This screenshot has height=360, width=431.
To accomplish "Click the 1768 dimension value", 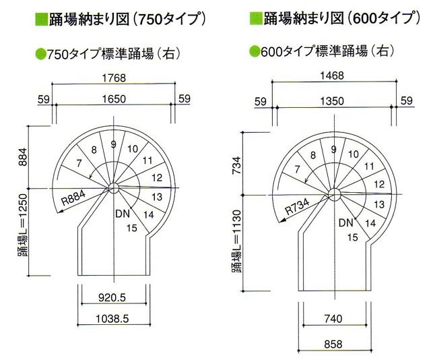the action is pos(114,78).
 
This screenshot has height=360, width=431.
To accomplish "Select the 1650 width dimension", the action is pos(114,99).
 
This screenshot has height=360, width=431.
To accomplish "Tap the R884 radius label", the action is pos(73,198).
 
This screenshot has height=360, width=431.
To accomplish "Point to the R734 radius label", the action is pos(298,206).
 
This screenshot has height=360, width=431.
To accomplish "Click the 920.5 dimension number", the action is pos(112,297).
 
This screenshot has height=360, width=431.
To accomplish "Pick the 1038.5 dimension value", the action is pos(112,319).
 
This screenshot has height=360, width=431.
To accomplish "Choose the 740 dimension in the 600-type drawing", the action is pos(333,319).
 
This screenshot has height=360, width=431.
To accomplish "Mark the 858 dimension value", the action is pos(333,344).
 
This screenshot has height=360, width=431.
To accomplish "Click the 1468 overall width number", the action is pos(332,76).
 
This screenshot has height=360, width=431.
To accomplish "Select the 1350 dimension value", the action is pos(332,101).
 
